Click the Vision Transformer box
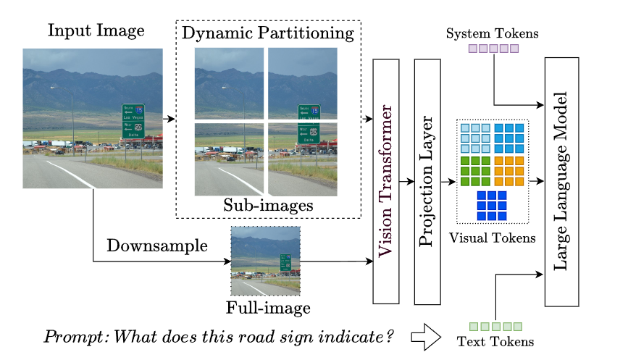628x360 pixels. tap(386, 181)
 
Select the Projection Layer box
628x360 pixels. tap(427, 181)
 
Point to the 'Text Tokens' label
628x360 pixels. tap(495, 341)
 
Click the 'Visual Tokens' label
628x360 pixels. tap(493, 238)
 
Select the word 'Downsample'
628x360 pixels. tap(157, 246)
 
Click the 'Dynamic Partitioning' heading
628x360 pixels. tap(268, 33)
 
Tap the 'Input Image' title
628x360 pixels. tap(96, 31)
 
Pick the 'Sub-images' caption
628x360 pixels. tap(268, 205)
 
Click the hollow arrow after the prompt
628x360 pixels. tap(426, 337)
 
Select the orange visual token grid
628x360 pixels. tap(508, 171)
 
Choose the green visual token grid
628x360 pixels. tap(475, 171)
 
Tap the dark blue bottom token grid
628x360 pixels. tap(492, 206)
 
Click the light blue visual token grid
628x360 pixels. tap(475, 138)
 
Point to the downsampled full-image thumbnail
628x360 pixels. tap(265, 261)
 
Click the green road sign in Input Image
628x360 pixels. tap(133, 120)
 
